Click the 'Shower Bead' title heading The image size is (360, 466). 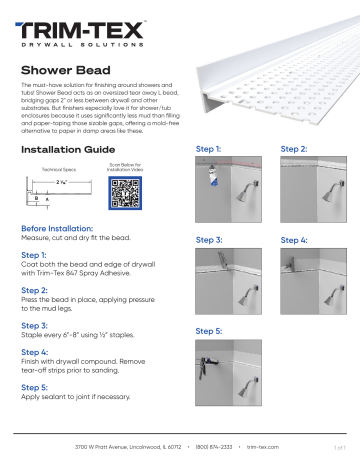(66, 72)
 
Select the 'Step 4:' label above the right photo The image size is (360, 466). (297, 240)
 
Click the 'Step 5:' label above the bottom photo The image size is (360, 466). (212, 330)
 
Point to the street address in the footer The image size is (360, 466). (132, 448)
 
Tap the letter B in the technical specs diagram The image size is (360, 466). (37, 200)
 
